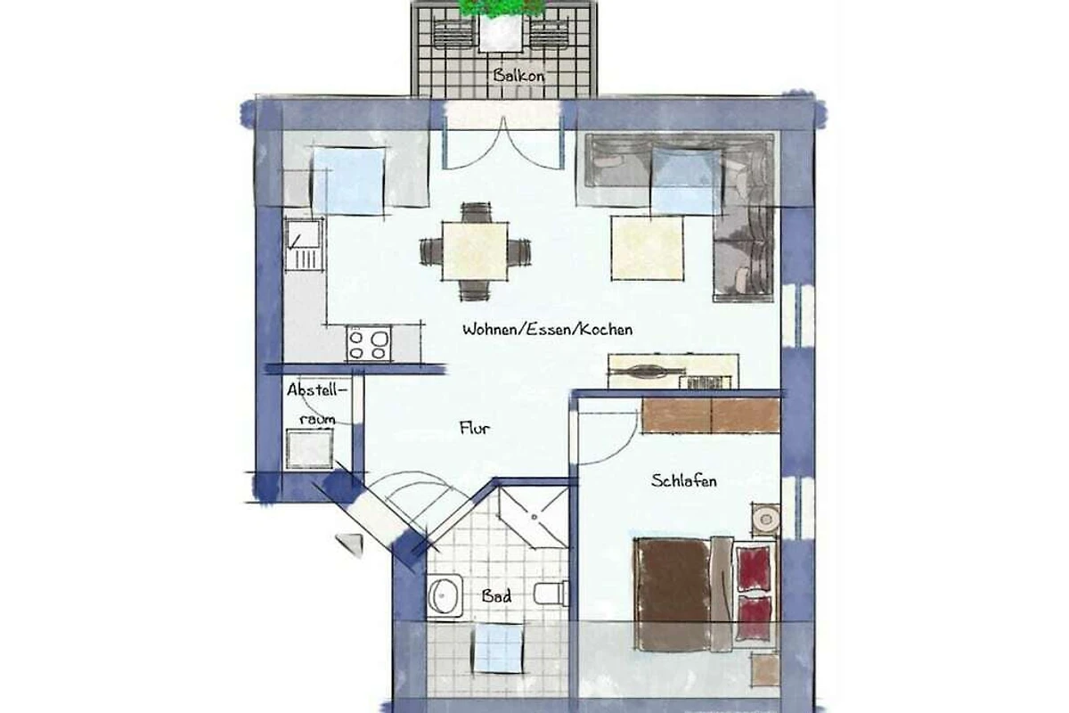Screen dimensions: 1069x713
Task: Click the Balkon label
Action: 518,76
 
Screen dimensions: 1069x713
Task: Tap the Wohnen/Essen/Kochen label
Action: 547,329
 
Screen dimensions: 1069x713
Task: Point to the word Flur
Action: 475,428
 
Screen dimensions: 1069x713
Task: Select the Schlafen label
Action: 684,480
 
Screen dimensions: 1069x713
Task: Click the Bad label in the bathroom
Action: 496,595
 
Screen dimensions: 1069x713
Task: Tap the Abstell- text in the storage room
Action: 317,390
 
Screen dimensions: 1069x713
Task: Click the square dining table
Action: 475,251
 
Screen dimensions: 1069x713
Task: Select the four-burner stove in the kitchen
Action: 369,344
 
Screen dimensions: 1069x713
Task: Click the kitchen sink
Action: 305,244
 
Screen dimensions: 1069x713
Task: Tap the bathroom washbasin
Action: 445,596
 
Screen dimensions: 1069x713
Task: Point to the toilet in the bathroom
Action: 551,594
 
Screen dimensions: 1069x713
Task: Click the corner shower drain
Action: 534,517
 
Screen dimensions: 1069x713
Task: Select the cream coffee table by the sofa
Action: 648,248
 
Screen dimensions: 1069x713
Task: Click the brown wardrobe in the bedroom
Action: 711,415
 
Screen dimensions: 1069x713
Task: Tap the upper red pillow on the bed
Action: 754,569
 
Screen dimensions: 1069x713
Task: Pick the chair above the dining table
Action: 476,212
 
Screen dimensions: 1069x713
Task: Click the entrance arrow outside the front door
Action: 350,545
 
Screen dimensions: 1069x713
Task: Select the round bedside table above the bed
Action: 766,519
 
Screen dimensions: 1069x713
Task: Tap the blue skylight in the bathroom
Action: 498,649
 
